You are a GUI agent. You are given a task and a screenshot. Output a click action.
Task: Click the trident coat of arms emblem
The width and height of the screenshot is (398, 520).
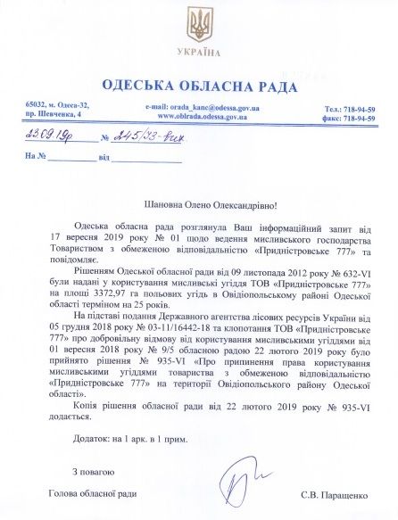coord(199,24)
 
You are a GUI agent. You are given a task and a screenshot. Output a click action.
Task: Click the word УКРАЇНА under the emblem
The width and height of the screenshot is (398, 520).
coord(199,53)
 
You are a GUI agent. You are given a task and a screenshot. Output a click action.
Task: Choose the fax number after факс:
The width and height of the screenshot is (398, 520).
coord(358,117)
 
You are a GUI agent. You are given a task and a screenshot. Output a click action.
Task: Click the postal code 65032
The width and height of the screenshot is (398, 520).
coord(35,106)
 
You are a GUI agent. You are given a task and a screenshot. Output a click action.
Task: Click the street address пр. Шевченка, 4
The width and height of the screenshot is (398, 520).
coord(53,116)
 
